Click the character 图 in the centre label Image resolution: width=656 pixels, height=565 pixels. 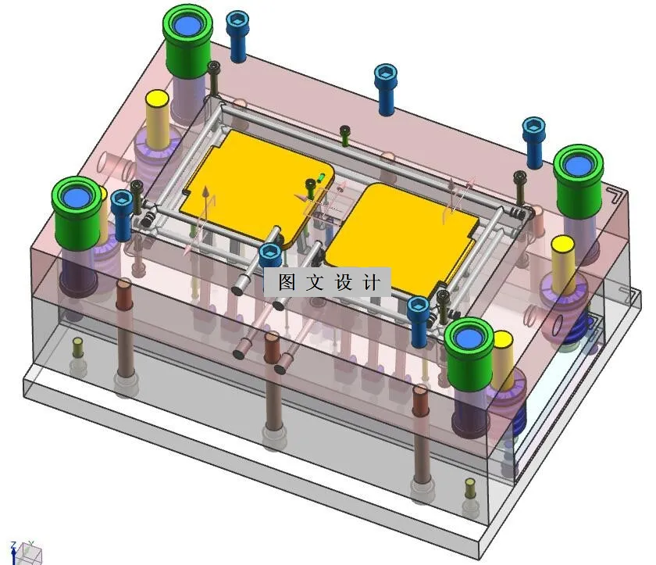[287, 282]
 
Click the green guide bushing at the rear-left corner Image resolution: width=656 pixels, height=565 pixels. [187, 30]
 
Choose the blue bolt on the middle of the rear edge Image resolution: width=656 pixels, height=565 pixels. [385, 86]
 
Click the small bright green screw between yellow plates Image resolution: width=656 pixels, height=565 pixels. [321, 177]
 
